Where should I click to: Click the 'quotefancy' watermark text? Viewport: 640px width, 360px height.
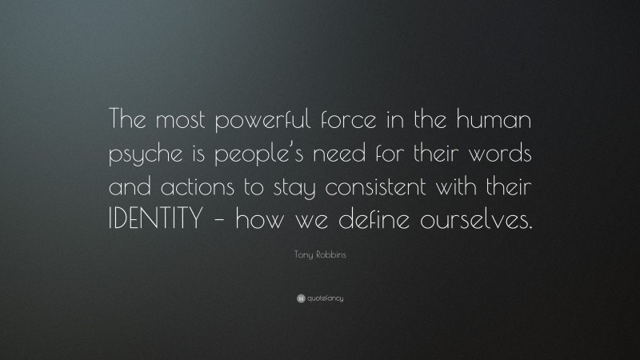[x=324, y=298]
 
